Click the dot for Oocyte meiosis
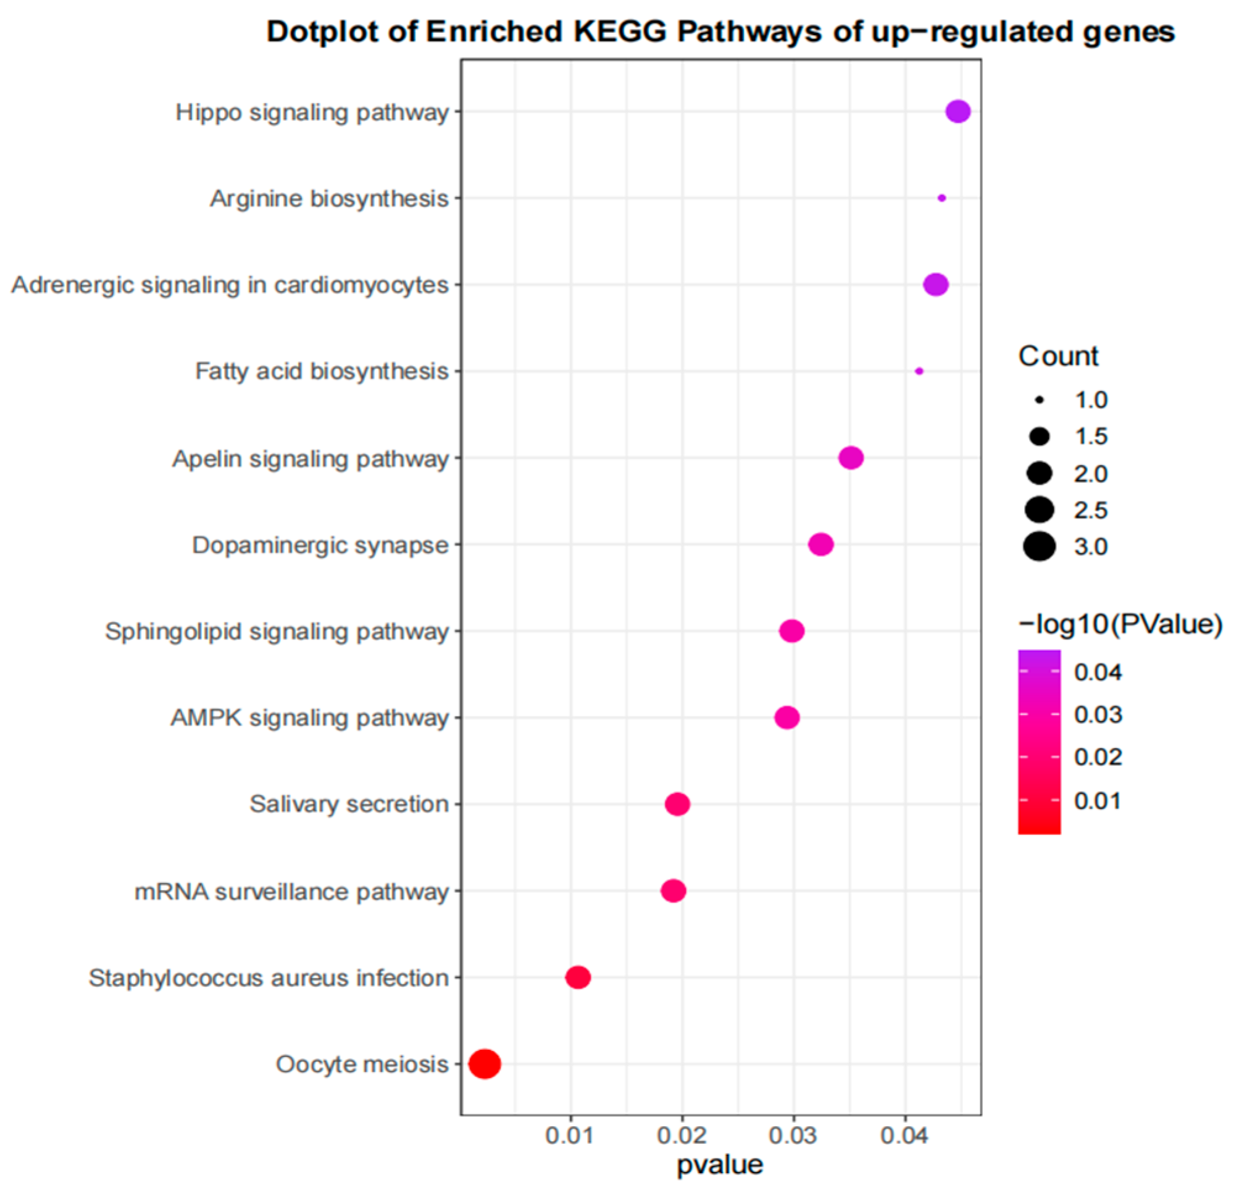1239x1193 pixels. click(x=485, y=1064)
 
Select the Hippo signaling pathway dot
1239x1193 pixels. click(x=957, y=112)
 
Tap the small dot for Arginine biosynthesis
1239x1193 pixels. click(x=941, y=198)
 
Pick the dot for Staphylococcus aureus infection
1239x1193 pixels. click(x=578, y=977)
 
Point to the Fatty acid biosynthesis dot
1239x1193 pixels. click(x=919, y=371)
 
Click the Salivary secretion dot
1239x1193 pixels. click(x=678, y=804)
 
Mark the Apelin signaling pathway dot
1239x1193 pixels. click(x=851, y=458)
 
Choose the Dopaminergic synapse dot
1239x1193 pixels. click(x=820, y=545)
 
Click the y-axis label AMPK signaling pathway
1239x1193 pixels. click(x=310, y=718)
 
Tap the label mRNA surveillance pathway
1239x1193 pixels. click(x=291, y=892)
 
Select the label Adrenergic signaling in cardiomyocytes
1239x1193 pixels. click(x=230, y=285)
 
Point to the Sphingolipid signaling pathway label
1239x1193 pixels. click(x=277, y=632)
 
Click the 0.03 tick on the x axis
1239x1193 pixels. click(x=793, y=1136)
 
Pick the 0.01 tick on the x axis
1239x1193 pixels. click(x=570, y=1136)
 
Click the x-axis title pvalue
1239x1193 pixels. click(x=720, y=1165)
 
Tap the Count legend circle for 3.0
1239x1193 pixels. click(x=1039, y=547)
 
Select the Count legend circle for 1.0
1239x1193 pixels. click(x=1039, y=400)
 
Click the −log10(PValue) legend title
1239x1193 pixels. click(x=1119, y=624)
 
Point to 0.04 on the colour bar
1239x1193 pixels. click(x=1098, y=672)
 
